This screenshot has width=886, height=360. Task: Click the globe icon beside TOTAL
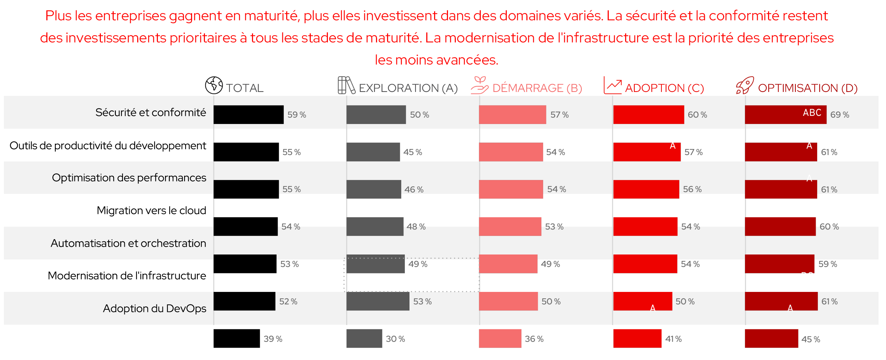pos(214,85)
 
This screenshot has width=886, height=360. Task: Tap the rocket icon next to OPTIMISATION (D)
pos(745,85)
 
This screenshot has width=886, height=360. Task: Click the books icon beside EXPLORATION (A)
pos(346,85)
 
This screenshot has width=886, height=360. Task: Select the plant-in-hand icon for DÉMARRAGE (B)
pos(479,85)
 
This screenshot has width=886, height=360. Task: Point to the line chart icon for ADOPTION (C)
pos(613,85)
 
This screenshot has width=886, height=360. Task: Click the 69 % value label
pos(840,115)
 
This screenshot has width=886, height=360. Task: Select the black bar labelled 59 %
pos(248,115)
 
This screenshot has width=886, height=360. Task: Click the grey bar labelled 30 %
pos(364,339)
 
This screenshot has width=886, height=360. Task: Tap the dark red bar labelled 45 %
pos(771,339)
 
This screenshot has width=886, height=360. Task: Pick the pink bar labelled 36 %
pos(500,339)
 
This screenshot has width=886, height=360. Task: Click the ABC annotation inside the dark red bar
pos(812,113)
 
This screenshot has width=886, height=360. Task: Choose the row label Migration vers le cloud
pos(151,211)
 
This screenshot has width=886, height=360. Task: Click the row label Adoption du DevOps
pos(154,308)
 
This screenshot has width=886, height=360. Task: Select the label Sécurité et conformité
pos(150,113)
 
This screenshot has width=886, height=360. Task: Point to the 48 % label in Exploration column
pos(416,227)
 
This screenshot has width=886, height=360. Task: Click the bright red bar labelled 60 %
pos(649,115)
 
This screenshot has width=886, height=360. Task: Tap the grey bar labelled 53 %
pos(378,301)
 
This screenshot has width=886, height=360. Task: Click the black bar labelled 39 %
pos(237,339)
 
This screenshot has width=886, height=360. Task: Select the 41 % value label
pos(673,339)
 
